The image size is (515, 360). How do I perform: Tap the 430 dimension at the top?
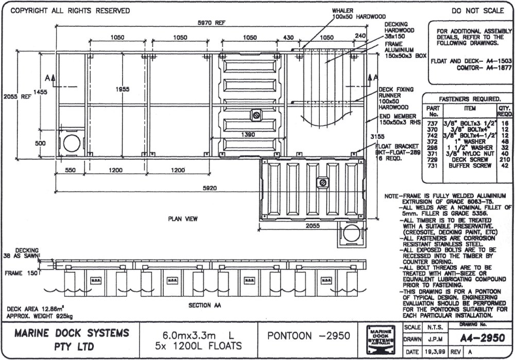click(x=289, y=38)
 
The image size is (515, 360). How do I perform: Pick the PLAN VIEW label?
click(x=183, y=219)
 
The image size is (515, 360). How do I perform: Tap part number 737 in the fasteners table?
click(x=432, y=124)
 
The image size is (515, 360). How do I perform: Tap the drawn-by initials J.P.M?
click(x=432, y=339)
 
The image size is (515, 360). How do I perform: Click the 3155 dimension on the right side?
click(x=382, y=136)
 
